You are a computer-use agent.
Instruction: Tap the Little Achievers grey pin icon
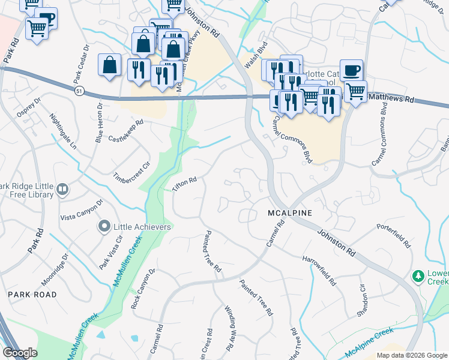coord(103,227)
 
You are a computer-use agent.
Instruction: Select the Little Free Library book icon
coord(62,190)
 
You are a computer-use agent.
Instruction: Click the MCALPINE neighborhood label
coord(291,214)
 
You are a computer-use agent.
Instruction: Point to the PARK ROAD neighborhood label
coord(32,295)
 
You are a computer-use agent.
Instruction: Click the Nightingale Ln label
coord(64,132)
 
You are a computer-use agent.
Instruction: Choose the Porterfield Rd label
coord(393,236)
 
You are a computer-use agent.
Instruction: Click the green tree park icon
coord(418,277)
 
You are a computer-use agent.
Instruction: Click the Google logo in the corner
coord(20,353)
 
